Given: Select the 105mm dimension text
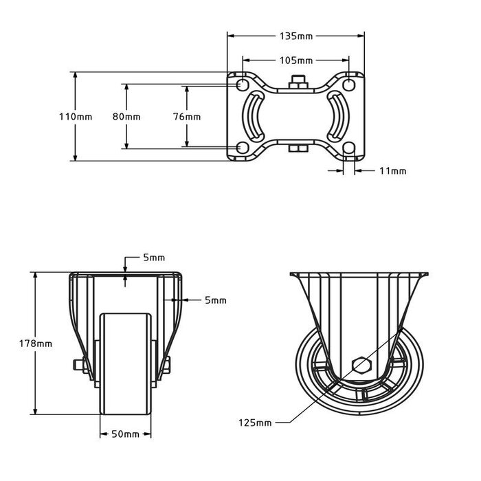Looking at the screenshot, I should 295,60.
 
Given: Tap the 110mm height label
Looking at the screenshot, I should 76,117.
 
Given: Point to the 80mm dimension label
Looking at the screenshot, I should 126,117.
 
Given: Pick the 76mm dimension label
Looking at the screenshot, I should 187,117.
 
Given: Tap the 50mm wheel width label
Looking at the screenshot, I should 126,434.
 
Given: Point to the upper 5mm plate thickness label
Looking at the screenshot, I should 153,258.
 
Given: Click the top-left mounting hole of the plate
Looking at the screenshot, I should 242,84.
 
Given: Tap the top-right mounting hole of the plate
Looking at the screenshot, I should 350,84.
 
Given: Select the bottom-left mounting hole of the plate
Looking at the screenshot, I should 242,148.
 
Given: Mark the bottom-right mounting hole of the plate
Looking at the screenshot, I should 350,148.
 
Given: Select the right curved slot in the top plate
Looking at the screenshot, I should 337,116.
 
